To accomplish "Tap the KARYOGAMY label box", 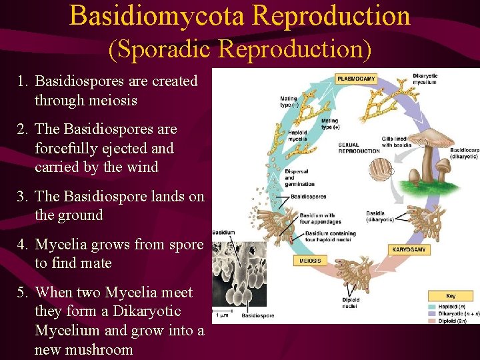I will (x=408, y=249).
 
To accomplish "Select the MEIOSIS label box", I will (x=310, y=261).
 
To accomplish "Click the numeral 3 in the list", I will (x=23, y=197).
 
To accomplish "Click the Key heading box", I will (x=450, y=295).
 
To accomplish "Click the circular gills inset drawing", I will (x=381, y=169).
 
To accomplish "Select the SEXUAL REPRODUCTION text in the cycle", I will (x=359, y=148).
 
